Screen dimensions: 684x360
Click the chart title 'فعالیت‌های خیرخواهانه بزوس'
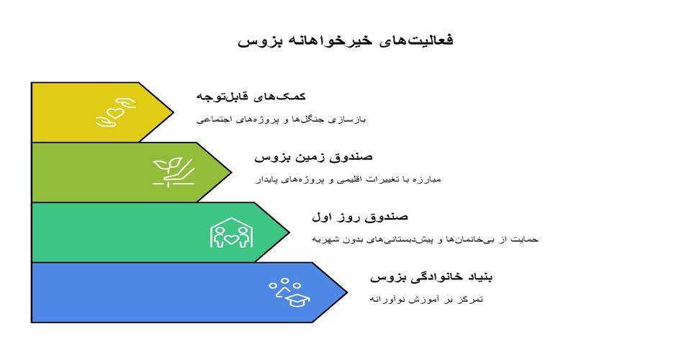[x=345, y=40]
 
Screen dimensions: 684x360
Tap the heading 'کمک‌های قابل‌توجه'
[x=251, y=96]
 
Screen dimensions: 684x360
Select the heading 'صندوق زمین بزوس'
[x=313, y=157]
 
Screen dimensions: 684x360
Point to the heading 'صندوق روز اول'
[x=360, y=217]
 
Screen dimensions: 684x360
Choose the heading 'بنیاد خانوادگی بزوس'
[x=431, y=277]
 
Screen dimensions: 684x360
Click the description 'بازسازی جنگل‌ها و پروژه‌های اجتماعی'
[x=281, y=119]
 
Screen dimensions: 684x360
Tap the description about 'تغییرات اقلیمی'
[x=348, y=179]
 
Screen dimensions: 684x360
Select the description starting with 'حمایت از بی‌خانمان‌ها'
[x=425, y=239]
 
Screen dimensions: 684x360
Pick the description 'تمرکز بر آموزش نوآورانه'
[x=426, y=300]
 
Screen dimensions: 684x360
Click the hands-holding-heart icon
[x=116, y=112]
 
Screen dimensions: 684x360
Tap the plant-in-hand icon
[x=174, y=172]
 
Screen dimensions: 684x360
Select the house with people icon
[x=231, y=233]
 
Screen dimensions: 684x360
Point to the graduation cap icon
[x=298, y=300]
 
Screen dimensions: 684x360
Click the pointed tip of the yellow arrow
[x=174, y=112]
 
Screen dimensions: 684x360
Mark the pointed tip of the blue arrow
[x=347, y=292]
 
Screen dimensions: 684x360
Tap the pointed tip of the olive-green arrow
[x=231, y=172]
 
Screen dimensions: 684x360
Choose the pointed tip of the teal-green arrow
[x=289, y=233]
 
